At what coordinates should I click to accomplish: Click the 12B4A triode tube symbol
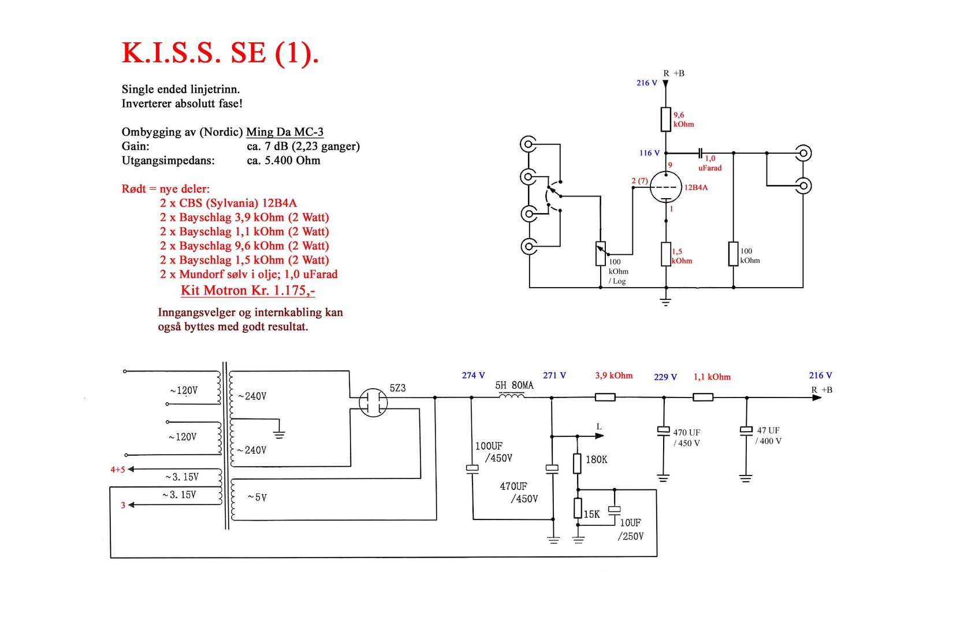pyautogui.click(x=665, y=187)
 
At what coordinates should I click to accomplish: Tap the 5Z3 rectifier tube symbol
pyautogui.click(x=373, y=403)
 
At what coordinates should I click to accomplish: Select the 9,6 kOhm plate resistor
pyautogui.click(x=666, y=120)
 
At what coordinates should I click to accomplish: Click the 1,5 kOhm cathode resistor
pyautogui.click(x=666, y=254)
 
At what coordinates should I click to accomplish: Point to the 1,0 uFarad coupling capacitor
pyautogui.click(x=700, y=153)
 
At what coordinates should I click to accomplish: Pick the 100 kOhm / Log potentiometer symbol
pyautogui.click(x=601, y=254)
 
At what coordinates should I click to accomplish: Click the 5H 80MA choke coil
pyautogui.click(x=512, y=396)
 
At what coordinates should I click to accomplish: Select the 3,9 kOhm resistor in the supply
pyautogui.click(x=605, y=397)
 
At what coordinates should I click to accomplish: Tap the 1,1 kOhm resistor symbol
pyautogui.click(x=702, y=397)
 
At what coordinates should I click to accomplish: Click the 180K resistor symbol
pyautogui.click(x=577, y=463)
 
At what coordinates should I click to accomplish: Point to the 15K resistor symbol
pyautogui.click(x=578, y=508)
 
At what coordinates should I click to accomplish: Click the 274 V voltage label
pyautogui.click(x=473, y=376)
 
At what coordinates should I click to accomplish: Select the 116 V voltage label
pyautogui.click(x=649, y=153)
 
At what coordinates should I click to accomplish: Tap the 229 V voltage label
pyautogui.click(x=665, y=377)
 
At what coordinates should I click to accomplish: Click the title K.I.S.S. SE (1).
pyautogui.click(x=220, y=54)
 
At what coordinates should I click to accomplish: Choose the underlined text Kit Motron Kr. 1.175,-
pyautogui.click(x=248, y=291)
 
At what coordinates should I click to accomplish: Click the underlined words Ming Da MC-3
pyautogui.click(x=285, y=132)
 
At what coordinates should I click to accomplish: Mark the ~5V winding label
pyautogui.click(x=257, y=497)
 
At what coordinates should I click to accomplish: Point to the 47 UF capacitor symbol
pyautogui.click(x=746, y=430)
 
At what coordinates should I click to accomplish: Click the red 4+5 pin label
pyautogui.click(x=118, y=470)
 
